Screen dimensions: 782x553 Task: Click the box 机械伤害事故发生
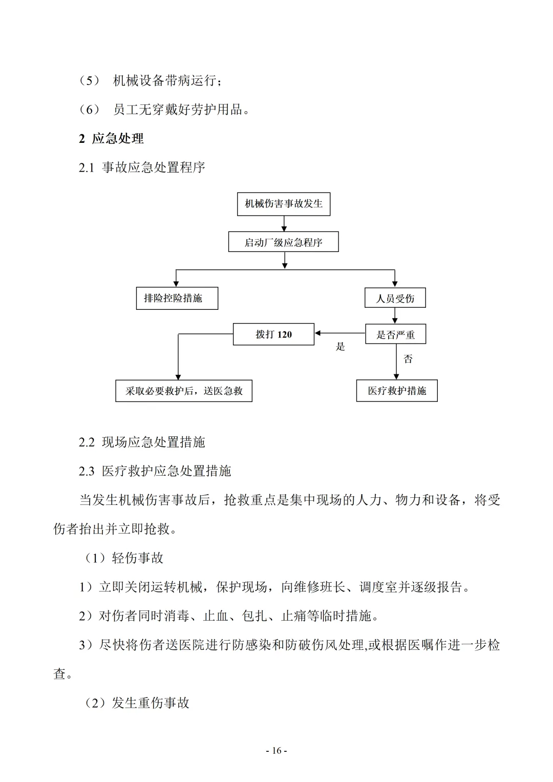pyautogui.click(x=284, y=204)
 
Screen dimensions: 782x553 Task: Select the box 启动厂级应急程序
pyautogui.click(x=283, y=242)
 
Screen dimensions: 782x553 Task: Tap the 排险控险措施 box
pyautogui.click(x=177, y=298)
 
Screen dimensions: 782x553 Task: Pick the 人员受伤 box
pyautogui.click(x=395, y=298)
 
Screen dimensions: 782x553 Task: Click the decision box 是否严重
pyautogui.click(x=395, y=334)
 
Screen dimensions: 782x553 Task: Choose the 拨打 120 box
pyautogui.click(x=273, y=334)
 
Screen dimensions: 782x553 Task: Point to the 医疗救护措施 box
pyautogui.click(x=397, y=391)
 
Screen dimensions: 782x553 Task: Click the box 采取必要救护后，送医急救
pyautogui.click(x=184, y=391)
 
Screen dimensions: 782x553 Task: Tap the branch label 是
pyautogui.click(x=341, y=347)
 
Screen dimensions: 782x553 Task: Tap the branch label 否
pyautogui.click(x=408, y=358)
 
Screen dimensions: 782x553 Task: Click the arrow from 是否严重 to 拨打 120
pyautogui.click(x=339, y=333)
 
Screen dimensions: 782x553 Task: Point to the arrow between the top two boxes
pyautogui.click(x=284, y=223)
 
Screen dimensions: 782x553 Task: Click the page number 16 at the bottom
pyautogui.click(x=276, y=751)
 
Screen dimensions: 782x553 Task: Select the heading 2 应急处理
pyautogui.click(x=111, y=138)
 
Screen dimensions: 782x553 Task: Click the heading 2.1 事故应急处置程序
pyautogui.click(x=142, y=167)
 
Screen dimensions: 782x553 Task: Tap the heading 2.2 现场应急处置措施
pyautogui.click(x=142, y=442)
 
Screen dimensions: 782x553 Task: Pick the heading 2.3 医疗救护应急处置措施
pyautogui.click(x=155, y=471)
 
